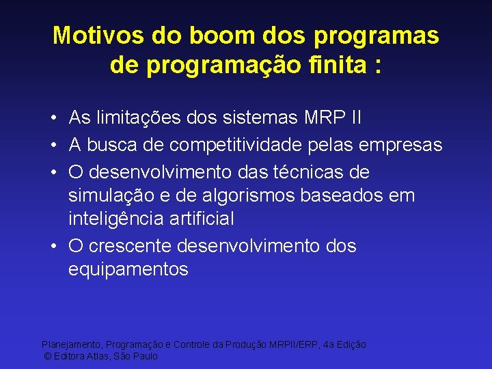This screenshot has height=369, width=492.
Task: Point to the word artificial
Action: tap(200, 219)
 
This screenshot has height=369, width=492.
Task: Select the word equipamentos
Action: tap(128, 270)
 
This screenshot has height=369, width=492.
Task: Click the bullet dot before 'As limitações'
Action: tap(53, 119)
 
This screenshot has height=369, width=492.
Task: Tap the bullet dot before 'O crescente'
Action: tap(53, 246)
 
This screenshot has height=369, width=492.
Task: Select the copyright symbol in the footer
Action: tap(47, 357)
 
